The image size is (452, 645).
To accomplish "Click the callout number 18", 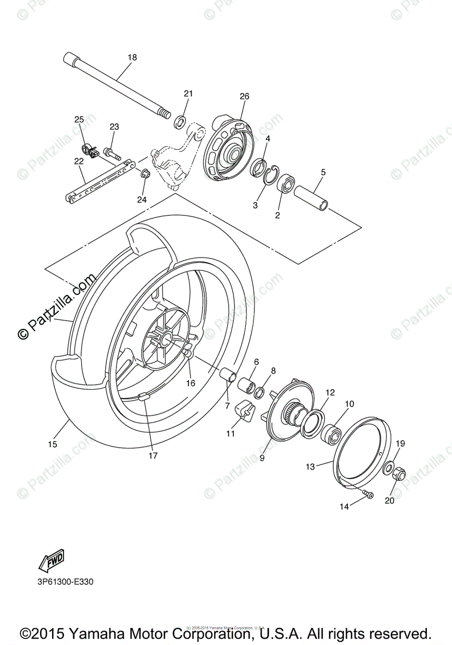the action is [x=132, y=58].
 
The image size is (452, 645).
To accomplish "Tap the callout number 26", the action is [x=244, y=97].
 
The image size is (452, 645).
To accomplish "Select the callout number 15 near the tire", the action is [x=52, y=445].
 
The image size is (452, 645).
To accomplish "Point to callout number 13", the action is [x=310, y=467].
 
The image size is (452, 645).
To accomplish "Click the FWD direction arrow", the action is [x=52, y=560].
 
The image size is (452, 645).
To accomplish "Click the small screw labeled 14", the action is [x=368, y=494].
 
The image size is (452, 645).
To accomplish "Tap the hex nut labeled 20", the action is [x=400, y=475].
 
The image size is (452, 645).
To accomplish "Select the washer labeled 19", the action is [x=388, y=466].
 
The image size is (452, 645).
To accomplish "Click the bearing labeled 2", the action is [x=285, y=184].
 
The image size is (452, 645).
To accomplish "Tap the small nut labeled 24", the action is [x=144, y=174].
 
